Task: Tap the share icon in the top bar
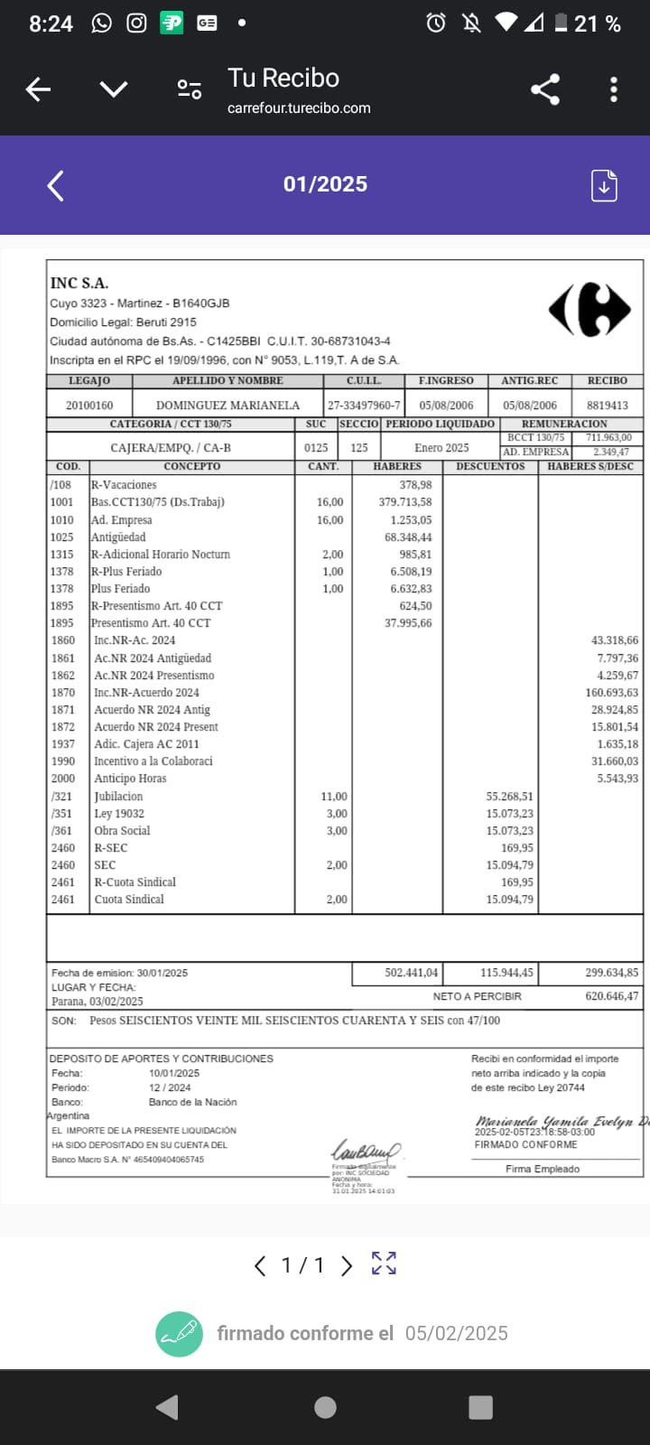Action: coord(544,89)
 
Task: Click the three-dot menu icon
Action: coord(614,89)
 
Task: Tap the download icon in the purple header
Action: coord(604,185)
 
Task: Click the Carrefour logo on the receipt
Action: coord(590,310)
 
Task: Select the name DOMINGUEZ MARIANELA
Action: coord(227,406)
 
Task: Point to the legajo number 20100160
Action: coord(89,406)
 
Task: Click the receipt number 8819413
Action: coord(608,406)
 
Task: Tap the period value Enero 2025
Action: coord(441,448)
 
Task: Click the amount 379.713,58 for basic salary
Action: coord(404,502)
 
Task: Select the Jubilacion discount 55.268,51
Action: coord(509,797)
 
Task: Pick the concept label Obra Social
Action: coord(122,831)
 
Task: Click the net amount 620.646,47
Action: coord(611,996)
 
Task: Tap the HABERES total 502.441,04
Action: coord(411,973)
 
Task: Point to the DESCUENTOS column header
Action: coord(490,467)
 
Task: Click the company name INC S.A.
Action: coord(79,284)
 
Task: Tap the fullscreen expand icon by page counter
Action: coord(384,1263)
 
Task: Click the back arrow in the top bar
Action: coord(38,89)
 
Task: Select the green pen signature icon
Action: coord(179,1333)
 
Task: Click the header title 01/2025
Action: coord(325,184)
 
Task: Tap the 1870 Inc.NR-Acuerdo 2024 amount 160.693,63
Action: coord(611,693)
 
